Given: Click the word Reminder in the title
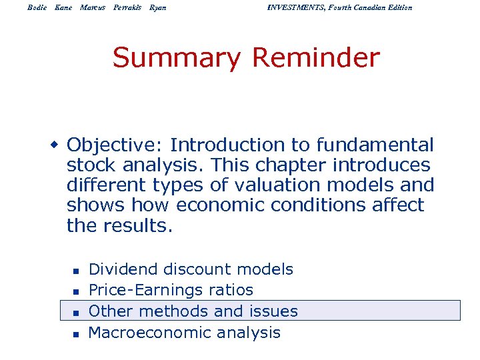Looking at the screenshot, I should click(x=315, y=59).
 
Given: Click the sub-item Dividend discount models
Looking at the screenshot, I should click(x=191, y=269).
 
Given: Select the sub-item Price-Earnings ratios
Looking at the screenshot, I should click(x=171, y=290).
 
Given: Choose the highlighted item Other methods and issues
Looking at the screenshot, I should click(x=193, y=311).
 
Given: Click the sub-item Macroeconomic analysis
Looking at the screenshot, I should click(x=184, y=332).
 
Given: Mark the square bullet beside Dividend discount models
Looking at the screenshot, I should click(x=76, y=271).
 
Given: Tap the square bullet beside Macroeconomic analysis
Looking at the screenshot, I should click(x=76, y=333).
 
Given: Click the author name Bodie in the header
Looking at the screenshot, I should click(x=37, y=7).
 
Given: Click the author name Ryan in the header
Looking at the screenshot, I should click(x=158, y=7).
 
